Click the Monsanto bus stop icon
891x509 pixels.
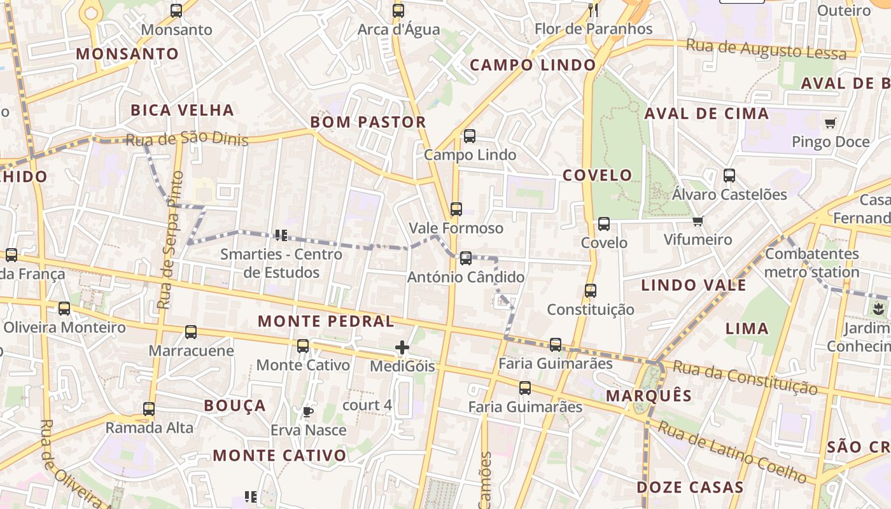(176, 10)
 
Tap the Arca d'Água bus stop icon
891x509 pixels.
(398, 10)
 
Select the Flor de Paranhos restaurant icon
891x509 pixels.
(593, 10)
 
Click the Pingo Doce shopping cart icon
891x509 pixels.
(830, 123)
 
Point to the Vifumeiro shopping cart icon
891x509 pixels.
(698, 221)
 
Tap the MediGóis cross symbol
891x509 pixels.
(402, 347)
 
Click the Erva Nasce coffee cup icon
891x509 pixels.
(308, 412)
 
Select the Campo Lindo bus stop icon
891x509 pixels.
(470, 136)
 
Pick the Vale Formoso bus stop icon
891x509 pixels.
(456, 209)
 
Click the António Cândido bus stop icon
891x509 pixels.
(466, 258)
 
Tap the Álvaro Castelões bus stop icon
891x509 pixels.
(729, 175)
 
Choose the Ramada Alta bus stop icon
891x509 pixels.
(149, 408)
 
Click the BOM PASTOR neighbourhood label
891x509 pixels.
(368, 122)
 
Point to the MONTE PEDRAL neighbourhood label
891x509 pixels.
(326, 321)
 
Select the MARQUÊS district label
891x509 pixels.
(649, 396)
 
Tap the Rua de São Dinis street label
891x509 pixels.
(186, 139)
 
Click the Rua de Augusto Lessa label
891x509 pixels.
(766, 48)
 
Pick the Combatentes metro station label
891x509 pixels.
(811, 263)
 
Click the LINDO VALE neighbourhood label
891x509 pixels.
(693, 285)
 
